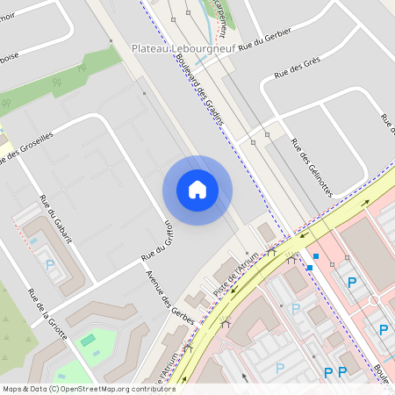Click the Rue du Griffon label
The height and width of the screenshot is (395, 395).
point(160,241)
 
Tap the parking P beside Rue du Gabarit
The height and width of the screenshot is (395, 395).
point(50,263)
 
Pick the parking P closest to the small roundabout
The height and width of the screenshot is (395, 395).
point(352,282)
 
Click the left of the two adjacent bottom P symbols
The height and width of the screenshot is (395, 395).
point(328,373)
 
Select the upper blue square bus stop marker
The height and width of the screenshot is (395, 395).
point(316,256)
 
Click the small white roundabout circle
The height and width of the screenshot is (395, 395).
point(374,300)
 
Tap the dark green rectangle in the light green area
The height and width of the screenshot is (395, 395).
point(87,339)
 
